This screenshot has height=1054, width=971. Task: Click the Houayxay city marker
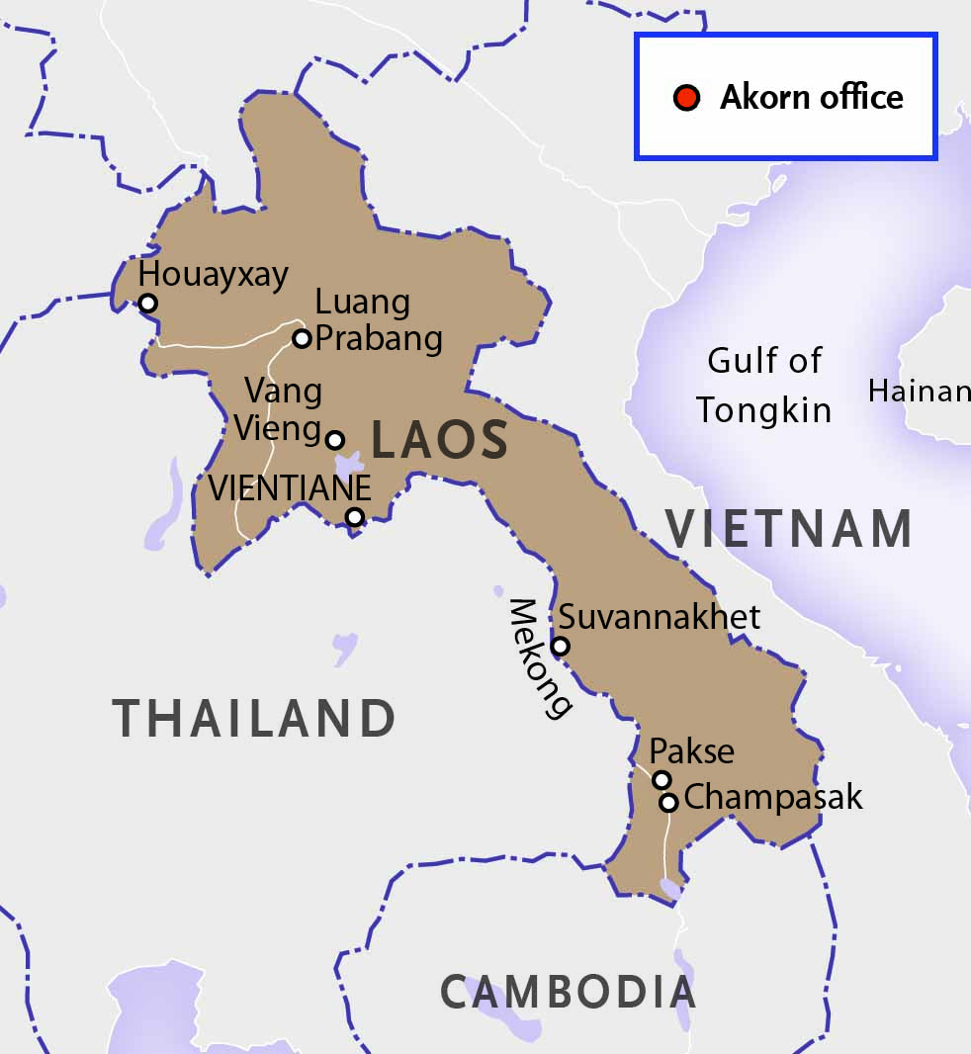pos(147,303)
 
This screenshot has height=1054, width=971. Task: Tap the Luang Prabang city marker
pos(302,338)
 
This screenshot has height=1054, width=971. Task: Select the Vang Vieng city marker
pos(335,439)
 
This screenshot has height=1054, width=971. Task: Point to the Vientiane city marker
pos(354,516)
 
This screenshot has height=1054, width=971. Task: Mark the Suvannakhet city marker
pos(560,646)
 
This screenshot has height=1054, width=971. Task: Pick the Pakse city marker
pos(662,780)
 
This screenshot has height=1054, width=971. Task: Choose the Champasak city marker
pos(668,802)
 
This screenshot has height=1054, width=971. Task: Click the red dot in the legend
pos(686,97)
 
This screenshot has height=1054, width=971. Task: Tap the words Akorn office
pos(811,97)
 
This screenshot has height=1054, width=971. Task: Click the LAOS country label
pos(439,441)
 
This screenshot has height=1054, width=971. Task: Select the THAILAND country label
pos(254,719)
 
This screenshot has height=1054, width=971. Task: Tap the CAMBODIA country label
pos(568,991)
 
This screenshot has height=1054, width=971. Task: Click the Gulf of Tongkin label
pos(763,386)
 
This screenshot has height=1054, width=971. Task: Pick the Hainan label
pos(919,392)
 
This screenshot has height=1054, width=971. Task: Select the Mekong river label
pos(539,659)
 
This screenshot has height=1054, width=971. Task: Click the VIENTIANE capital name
pos(290,487)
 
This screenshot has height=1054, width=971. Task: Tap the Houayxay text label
pos(213,274)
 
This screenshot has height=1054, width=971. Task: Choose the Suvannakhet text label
pos(660,617)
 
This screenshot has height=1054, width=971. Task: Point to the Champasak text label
pos(773,797)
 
